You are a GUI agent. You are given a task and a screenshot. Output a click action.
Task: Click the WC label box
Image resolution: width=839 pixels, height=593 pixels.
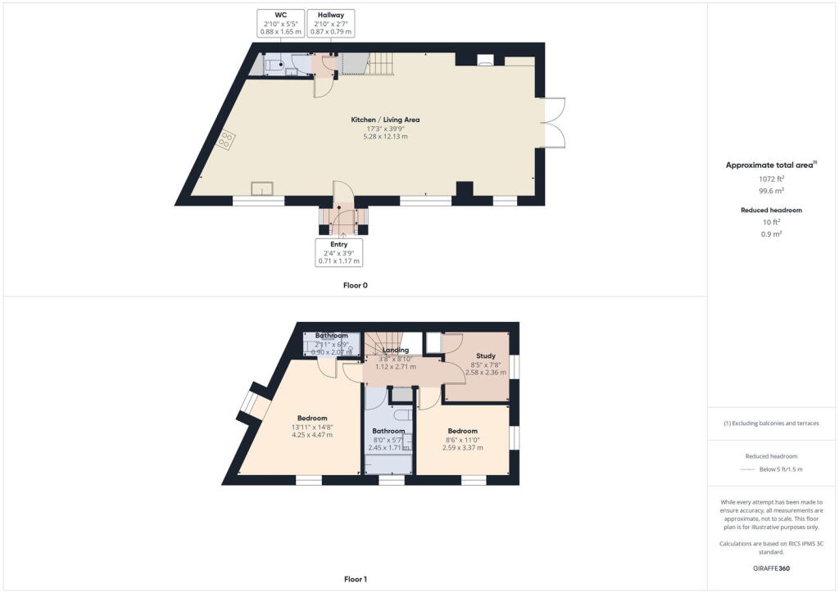(281, 23)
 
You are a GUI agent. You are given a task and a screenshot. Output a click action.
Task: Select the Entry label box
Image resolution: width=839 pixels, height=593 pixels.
(338, 252)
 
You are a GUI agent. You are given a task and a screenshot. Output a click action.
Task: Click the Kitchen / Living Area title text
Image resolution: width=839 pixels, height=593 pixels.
(385, 120)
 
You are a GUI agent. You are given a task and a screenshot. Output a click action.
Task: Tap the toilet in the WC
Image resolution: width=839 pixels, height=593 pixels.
(274, 64)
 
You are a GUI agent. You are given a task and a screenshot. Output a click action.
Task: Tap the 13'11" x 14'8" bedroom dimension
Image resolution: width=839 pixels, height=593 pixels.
(312, 427)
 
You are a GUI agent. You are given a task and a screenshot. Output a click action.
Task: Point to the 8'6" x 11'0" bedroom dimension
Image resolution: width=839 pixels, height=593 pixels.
(462, 440)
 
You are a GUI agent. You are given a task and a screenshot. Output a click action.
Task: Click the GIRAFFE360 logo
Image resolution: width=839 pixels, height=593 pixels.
(772, 568)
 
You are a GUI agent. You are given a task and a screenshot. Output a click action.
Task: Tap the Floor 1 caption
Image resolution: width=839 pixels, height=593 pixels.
(355, 579)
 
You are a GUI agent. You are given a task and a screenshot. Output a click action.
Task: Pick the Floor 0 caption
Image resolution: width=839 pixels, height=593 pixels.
(355, 286)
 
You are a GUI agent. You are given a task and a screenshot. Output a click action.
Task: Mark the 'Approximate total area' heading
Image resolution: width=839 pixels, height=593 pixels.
(770, 165)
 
